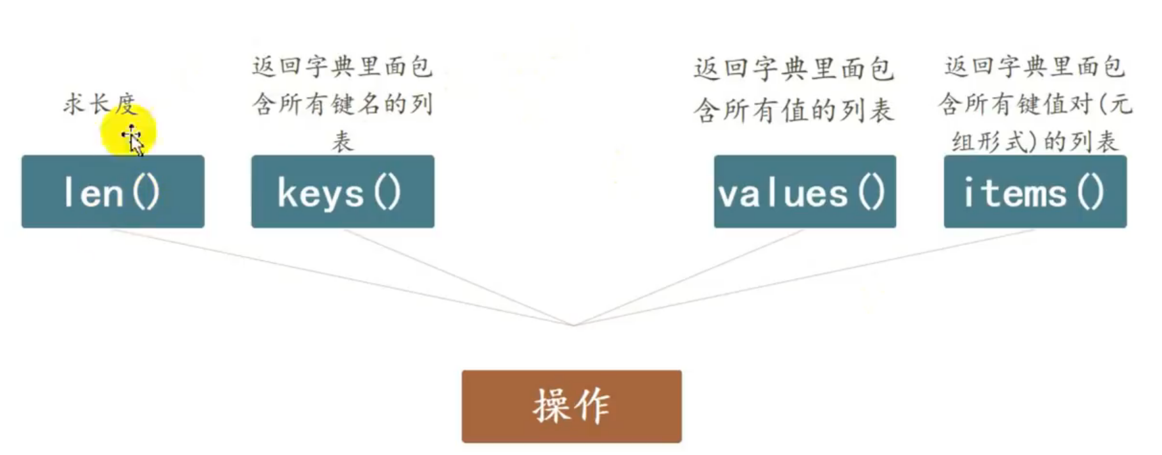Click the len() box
(112, 191)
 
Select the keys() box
(343, 191)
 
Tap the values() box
(805, 191)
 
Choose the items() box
(1035, 191)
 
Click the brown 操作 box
(571, 406)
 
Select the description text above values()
(793, 89)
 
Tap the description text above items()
(1035, 102)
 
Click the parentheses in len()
(146, 192)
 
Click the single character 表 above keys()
(343, 141)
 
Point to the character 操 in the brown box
(551, 406)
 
